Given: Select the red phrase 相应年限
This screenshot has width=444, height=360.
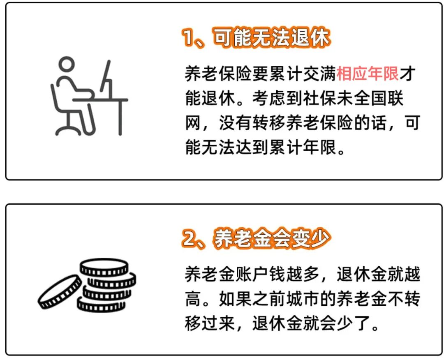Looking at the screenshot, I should pyautogui.click(x=368, y=74).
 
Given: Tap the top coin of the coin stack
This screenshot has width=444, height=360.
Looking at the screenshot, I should pyautogui.click(x=104, y=268).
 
